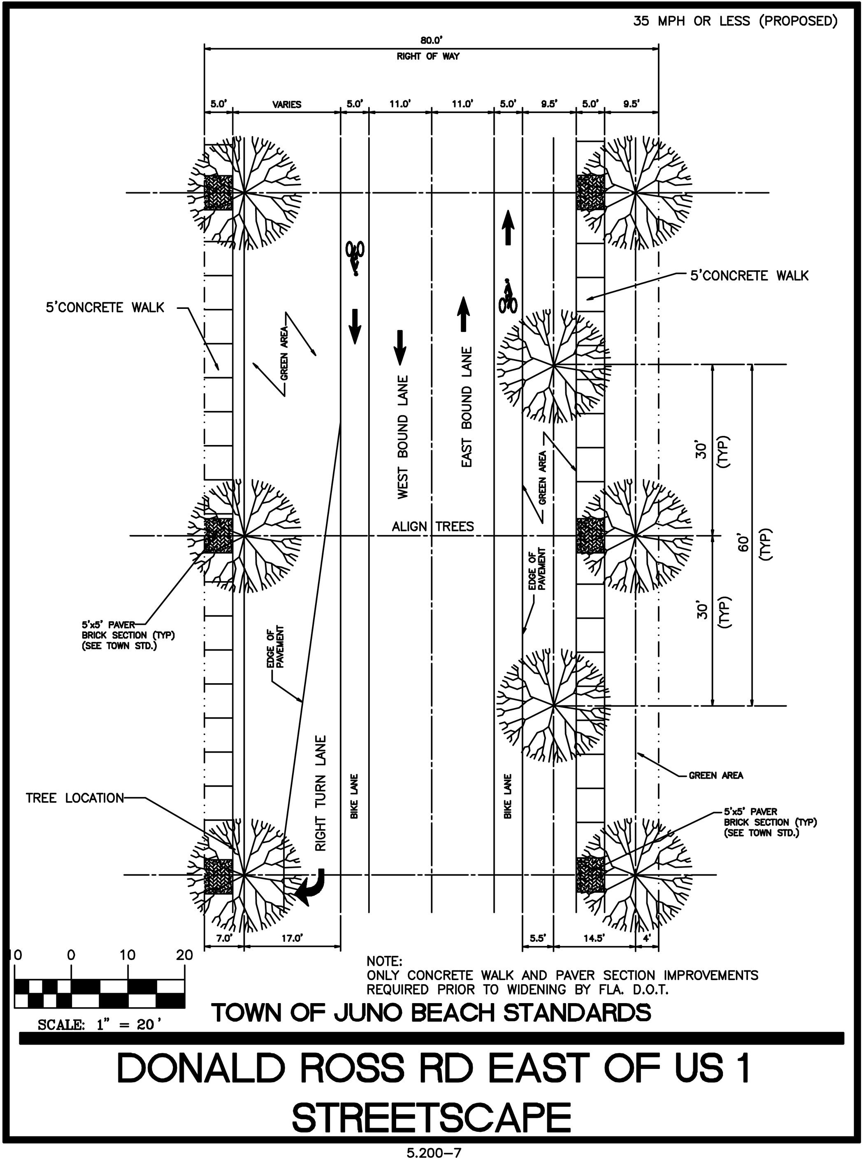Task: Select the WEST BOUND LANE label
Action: [403, 437]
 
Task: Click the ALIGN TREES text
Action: [432, 526]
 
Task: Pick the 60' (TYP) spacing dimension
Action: [753, 544]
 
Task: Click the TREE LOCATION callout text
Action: [75, 798]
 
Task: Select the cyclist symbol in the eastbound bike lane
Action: [508, 296]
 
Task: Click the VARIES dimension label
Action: [287, 104]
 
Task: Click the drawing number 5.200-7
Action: [434, 1149]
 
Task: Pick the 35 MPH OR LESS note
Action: [735, 21]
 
